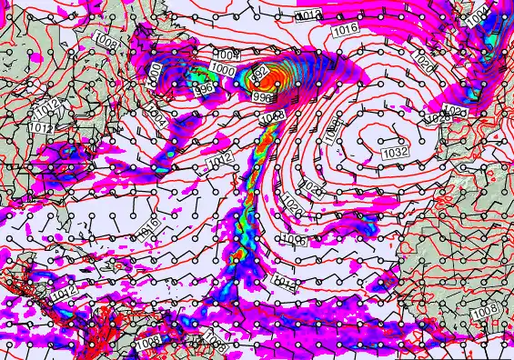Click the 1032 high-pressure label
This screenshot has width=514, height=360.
[394, 152]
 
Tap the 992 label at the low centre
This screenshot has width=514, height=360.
[257, 72]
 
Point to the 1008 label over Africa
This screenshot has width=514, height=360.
[484, 312]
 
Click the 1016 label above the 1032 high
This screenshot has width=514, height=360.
[345, 30]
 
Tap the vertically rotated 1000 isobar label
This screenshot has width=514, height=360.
[155, 73]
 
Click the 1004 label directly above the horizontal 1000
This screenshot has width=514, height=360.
[224, 55]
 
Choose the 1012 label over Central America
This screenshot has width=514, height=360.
[63, 294]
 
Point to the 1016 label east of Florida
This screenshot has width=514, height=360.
[151, 223]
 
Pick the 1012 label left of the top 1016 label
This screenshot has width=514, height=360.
[309, 15]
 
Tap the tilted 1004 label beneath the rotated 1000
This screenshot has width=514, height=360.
[156, 118]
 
